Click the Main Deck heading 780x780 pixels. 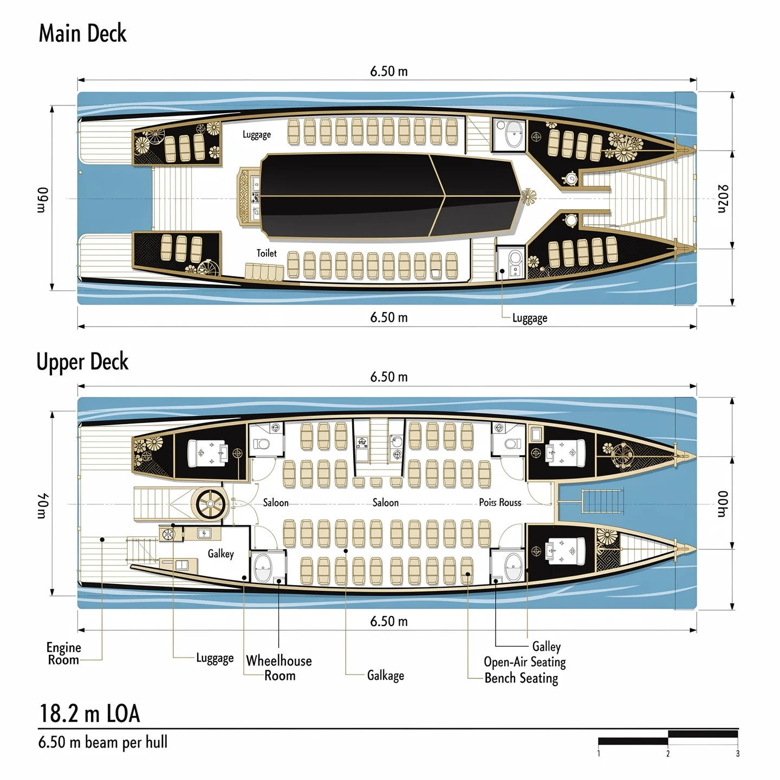click(82, 34)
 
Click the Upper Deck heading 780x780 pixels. click(82, 362)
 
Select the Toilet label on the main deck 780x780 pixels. click(266, 253)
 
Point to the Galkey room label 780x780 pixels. click(220, 554)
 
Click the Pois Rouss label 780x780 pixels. click(500, 503)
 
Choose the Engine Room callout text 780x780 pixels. click(63, 653)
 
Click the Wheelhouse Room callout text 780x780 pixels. click(279, 668)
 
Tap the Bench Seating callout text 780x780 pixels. click(521, 678)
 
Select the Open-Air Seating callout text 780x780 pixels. click(524, 662)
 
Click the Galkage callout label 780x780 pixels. click(385, 675)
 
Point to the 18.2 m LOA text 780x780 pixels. click(90, 713)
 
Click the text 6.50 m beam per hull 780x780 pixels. click(103, 742)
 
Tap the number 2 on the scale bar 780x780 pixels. click(668, 753)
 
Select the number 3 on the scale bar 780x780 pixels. click(737, 753)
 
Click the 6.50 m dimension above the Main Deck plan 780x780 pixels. click(389, 71)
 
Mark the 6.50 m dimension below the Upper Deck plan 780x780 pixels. click(389, 621)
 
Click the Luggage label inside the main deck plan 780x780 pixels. click(257, 134)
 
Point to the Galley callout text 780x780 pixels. click(546, 646)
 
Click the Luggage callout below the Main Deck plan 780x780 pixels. click(530, 318)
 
